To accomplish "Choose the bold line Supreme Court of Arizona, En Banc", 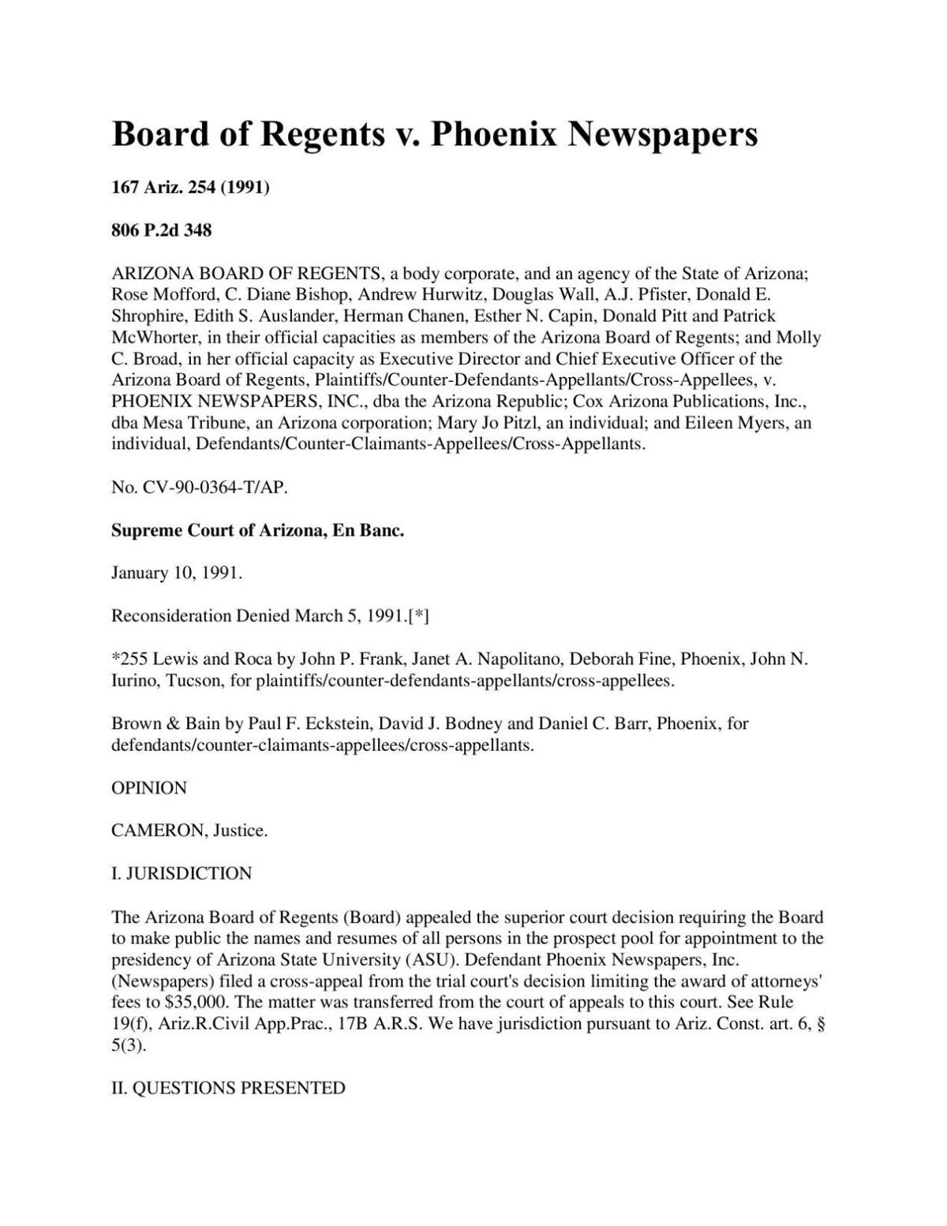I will (257, 530).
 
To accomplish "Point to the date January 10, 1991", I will (176, 573).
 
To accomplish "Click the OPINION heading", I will (149, 788).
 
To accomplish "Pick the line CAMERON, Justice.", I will (189, 831).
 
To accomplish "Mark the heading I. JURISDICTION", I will (182, 873).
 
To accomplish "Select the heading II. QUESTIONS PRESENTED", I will (228, 1089).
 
